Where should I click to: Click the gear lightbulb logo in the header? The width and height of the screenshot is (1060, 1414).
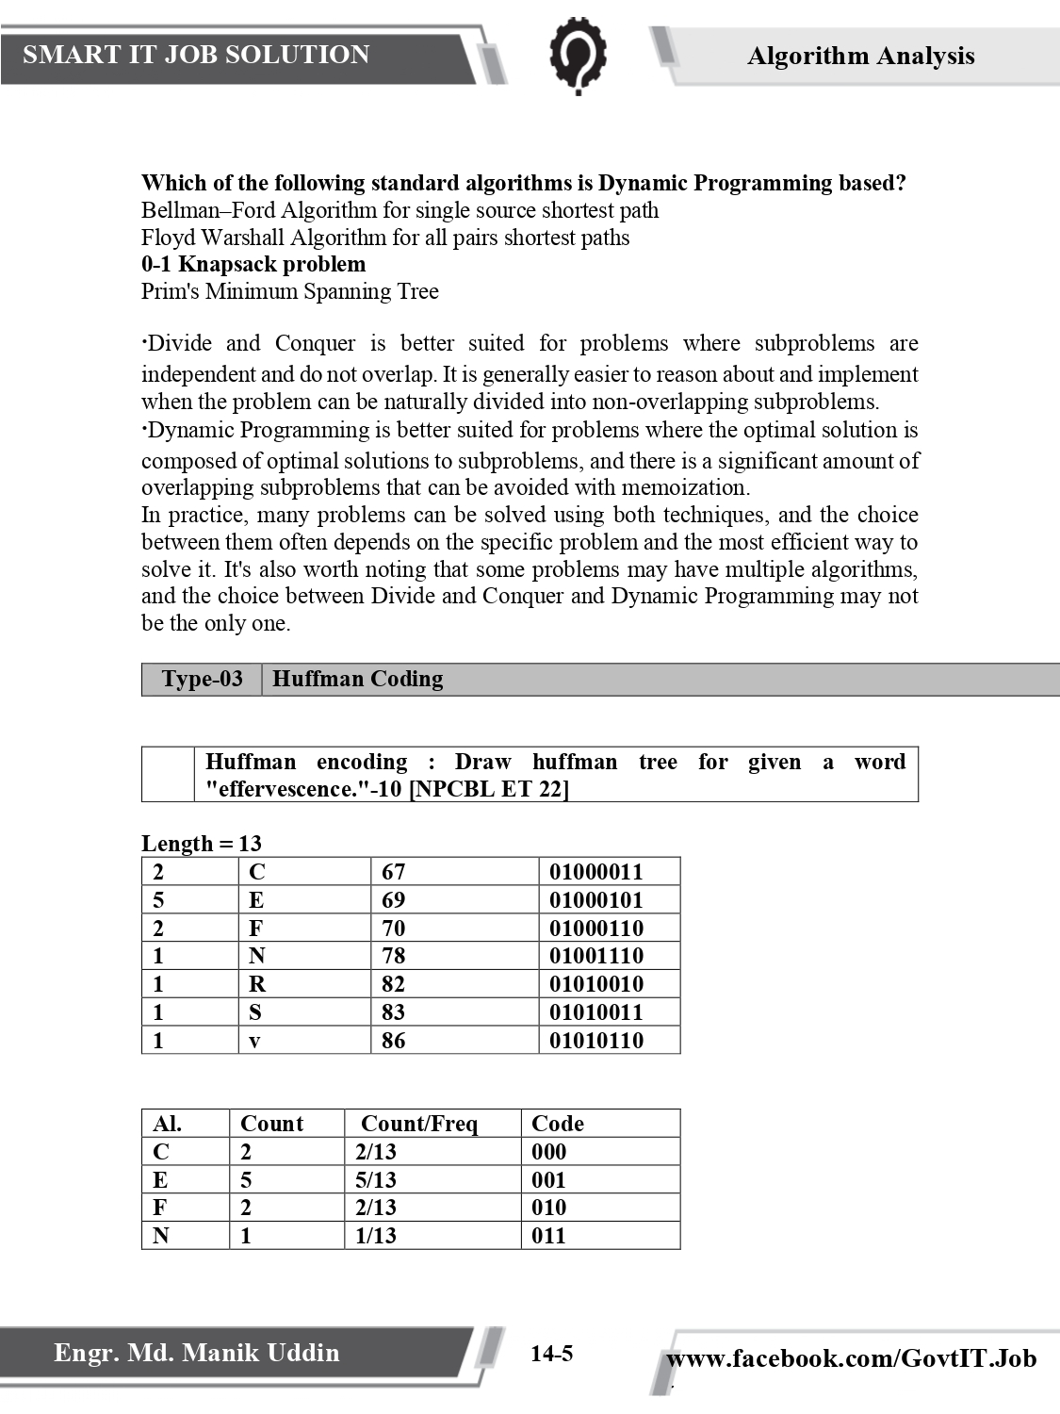point(577,57)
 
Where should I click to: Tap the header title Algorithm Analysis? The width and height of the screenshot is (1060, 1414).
point(860,57)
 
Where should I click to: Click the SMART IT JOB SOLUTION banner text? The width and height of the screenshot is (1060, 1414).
point(196,55)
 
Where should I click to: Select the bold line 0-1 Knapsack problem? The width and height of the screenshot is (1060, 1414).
point(253,264)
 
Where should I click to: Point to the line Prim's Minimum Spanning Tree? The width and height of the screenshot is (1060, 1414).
point(289,291)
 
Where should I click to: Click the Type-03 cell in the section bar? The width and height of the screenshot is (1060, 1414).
point(202,679)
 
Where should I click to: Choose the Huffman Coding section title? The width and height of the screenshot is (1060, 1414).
point(357,679)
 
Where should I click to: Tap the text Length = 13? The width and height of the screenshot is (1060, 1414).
point(202,843)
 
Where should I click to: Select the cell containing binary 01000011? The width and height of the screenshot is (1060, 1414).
point(595,872)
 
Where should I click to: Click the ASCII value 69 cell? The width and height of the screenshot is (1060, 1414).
point(393,900)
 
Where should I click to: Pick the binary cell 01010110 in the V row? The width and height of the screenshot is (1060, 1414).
point(595,1041)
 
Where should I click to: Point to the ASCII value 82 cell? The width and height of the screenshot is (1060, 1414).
point(393,984)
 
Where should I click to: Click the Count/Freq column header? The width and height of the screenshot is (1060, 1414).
point(419,1124)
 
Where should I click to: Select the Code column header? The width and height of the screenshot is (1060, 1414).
point(557,1124)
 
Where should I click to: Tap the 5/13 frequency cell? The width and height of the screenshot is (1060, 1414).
point(376,1180)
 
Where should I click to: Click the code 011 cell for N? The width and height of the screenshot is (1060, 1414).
point(548,1236)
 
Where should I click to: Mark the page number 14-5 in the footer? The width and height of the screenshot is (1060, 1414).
point(551,1355)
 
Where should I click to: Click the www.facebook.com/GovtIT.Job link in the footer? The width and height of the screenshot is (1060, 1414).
point(851,1358)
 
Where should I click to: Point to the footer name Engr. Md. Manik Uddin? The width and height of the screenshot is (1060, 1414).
point(196,1353)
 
